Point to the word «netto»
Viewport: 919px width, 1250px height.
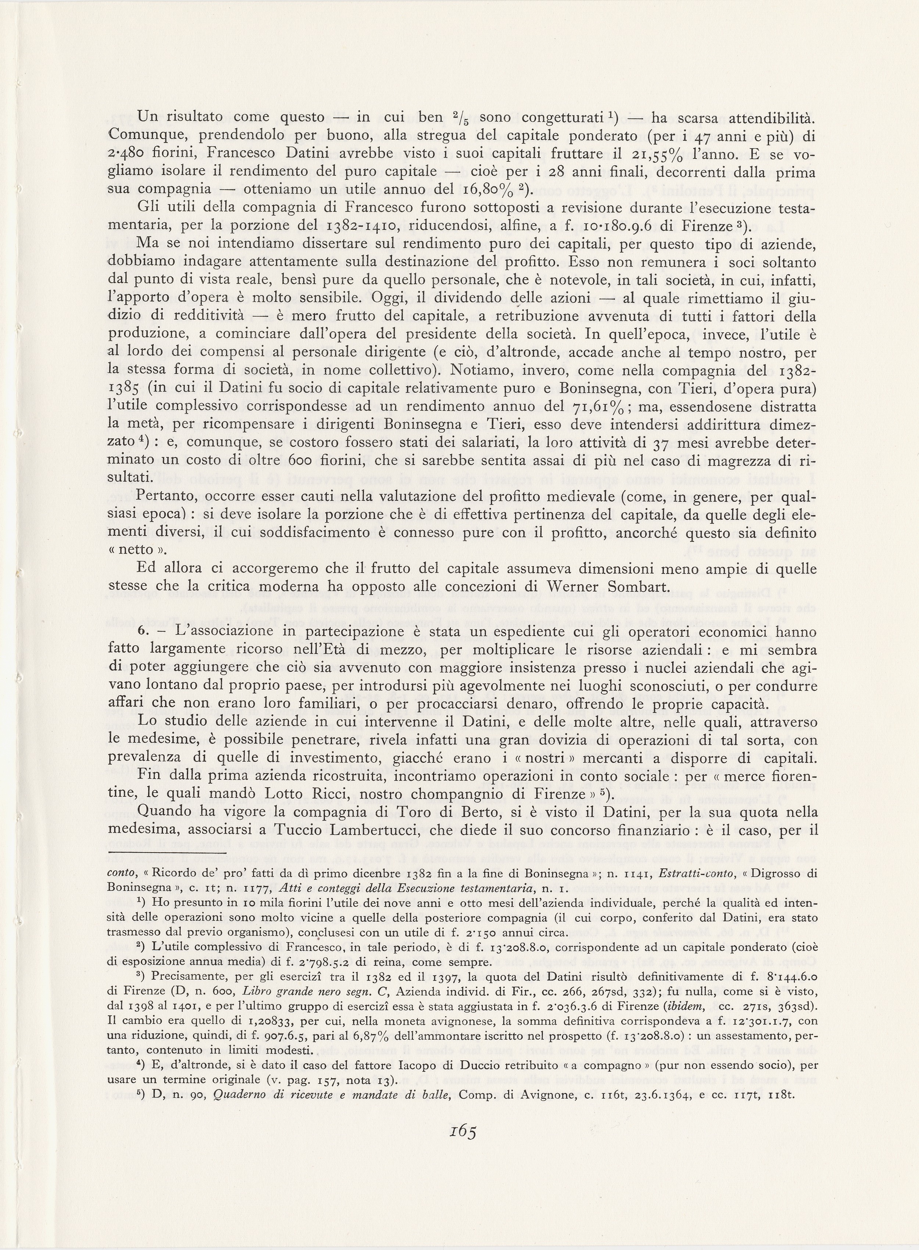pyautogui.click(x=131, y=550)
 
